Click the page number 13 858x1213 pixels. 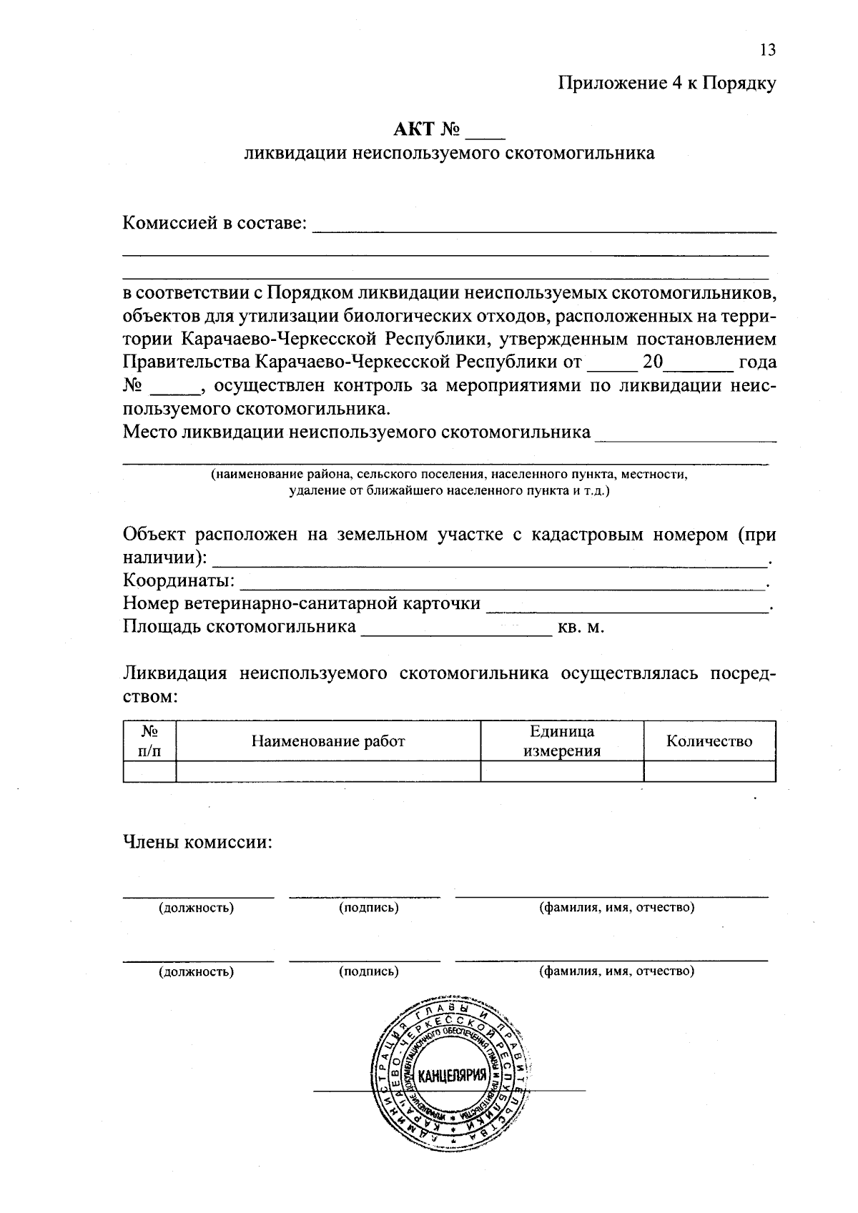(767, 50)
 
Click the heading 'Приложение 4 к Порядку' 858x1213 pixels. (666, 84)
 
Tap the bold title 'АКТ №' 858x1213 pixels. (426, 129)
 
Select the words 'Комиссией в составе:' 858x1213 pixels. (214, 223)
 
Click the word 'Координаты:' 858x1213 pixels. (179, 580)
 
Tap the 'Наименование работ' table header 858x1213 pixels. (327, 741)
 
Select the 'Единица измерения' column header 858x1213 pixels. (562, 741)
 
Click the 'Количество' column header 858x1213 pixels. (709, 741)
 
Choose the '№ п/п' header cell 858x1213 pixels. (149, 741)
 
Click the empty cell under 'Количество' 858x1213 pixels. (709, 772)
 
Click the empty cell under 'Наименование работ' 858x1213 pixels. (327, 772)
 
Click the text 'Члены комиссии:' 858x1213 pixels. (198, 842)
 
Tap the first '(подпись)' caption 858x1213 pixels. (368, 908)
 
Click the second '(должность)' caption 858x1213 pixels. (196, 971)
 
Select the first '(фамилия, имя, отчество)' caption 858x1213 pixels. (616, 908)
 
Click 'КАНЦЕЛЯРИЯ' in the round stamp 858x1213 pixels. (451, 1076)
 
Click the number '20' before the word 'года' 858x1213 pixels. (653, 362)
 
